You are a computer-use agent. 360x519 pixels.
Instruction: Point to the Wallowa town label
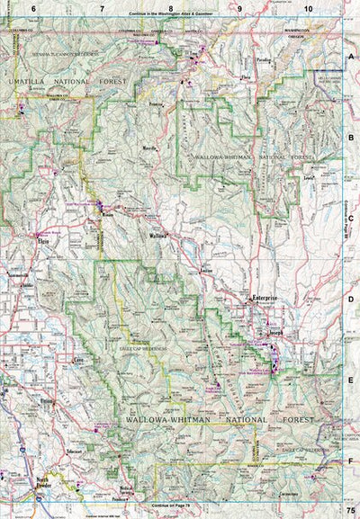pos(159,235)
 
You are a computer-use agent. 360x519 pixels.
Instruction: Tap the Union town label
pos(48,401)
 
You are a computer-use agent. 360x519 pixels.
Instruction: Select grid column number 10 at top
pos(308,8)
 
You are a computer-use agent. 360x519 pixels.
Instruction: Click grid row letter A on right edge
pos(352,55)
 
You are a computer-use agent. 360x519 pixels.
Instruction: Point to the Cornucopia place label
pos(288,494)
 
